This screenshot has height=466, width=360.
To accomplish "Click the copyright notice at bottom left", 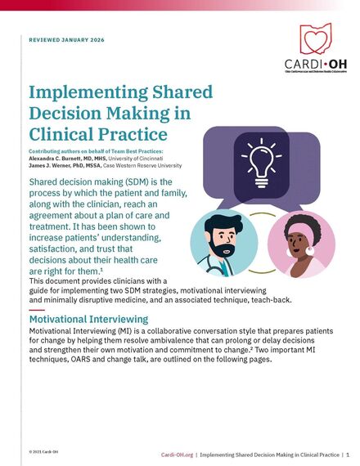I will point(43,451).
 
